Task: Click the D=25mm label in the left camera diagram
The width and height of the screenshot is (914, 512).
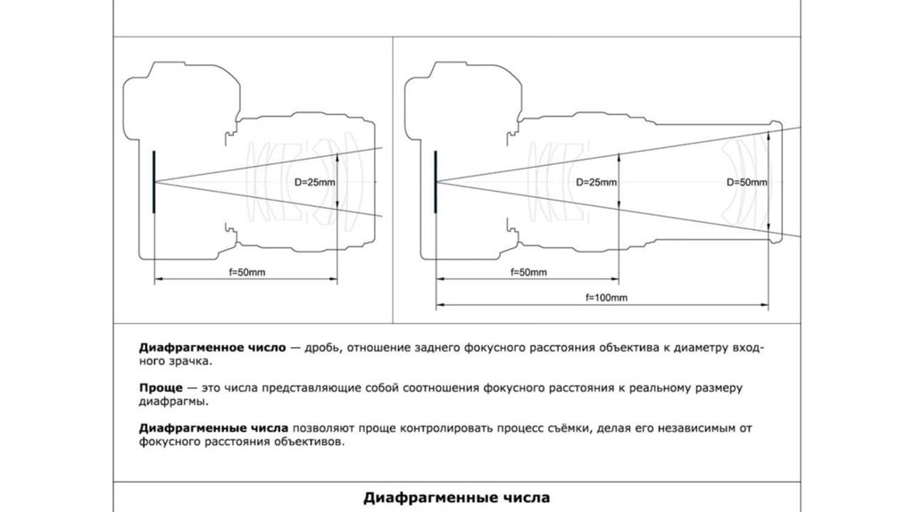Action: (x=315, y=183)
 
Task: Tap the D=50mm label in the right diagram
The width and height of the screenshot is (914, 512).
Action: (x=747, y=183)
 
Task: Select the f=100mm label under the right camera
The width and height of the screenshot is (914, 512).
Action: (x=606, y=296)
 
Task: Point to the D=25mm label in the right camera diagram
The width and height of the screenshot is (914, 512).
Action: (x=596, y=183)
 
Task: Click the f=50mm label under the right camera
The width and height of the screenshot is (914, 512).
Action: (x=528, y=270)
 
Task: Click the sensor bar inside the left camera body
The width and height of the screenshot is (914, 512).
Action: (x=154, y=182)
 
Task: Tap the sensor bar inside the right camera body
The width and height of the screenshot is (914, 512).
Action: (x=435, y=182)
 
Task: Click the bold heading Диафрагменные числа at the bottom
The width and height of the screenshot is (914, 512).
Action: (x=455, y=497)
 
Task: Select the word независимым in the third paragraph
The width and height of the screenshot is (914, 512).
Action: (x=693, y=428)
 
